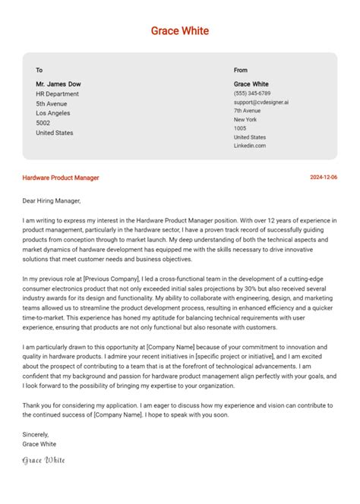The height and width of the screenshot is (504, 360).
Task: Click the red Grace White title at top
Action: click(x=180, y=31)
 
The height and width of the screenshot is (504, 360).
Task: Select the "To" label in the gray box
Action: click(x=39, y=70)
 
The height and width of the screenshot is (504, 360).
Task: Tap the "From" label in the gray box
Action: click(x=241, y=70)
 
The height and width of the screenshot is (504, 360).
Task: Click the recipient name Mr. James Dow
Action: click(x=58, y=83)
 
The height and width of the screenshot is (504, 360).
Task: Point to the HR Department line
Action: click(x=58, y=93)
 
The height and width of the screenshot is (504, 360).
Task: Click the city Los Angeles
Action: click(x=53, y=113)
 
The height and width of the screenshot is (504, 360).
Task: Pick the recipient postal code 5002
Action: click(x=43, y=123)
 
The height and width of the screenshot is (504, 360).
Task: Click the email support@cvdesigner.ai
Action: click(x=261, y=102)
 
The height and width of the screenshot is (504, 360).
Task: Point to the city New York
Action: click(x=245, y=120)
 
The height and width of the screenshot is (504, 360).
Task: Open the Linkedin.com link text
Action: click(x=250, y=146)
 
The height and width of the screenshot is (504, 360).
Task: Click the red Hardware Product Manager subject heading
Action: click(x=61, y=178)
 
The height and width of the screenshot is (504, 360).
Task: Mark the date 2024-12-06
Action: click(x=324, y=178)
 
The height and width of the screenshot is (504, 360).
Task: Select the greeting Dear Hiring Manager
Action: click(x=52, y=201)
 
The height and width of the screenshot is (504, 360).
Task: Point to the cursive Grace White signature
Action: click(x=44, y=460)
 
